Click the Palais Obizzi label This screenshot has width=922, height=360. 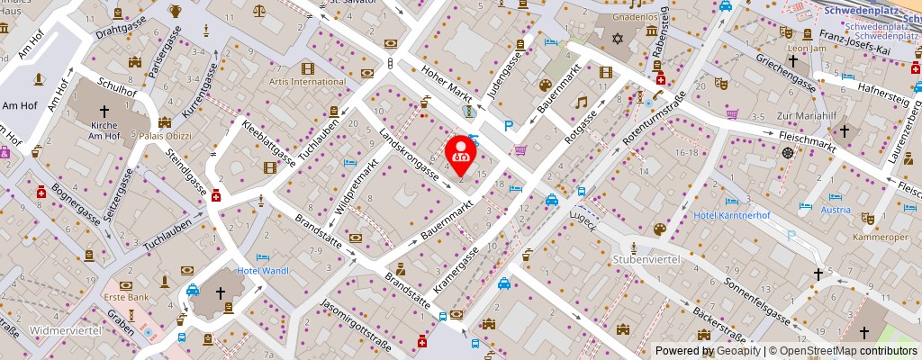[x=166, y=136]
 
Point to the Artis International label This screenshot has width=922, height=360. [x=307, y=82]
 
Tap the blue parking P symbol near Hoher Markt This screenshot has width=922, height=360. [x=509, y=127]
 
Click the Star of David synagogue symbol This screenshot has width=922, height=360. [x=617, y=39]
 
